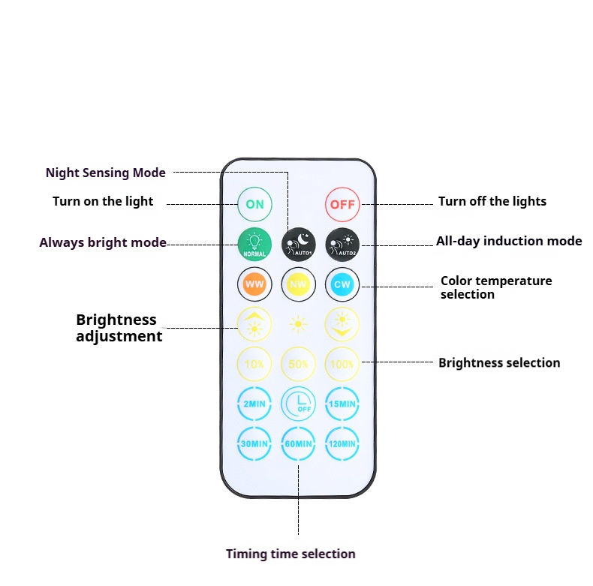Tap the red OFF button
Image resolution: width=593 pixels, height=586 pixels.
point(342,203)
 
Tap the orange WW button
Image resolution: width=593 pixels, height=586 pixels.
point(254,284)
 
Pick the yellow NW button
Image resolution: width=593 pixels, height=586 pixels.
point(299,284)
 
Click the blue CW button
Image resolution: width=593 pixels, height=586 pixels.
point(342,284)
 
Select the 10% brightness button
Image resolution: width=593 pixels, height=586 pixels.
point(254,364)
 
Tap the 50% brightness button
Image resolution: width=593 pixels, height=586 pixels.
point(299,364)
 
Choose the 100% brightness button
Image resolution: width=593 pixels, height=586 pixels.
point(342,364)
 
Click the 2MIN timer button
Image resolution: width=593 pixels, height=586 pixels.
point(254,404)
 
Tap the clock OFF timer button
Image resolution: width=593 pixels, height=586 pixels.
point(299,404)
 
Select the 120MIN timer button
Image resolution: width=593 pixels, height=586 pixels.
point(342,443)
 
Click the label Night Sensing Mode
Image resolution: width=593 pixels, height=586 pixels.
point(106,173)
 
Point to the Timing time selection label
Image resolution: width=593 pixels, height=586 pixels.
point(290,554)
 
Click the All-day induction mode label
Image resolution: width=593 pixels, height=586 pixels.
point(509,241)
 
